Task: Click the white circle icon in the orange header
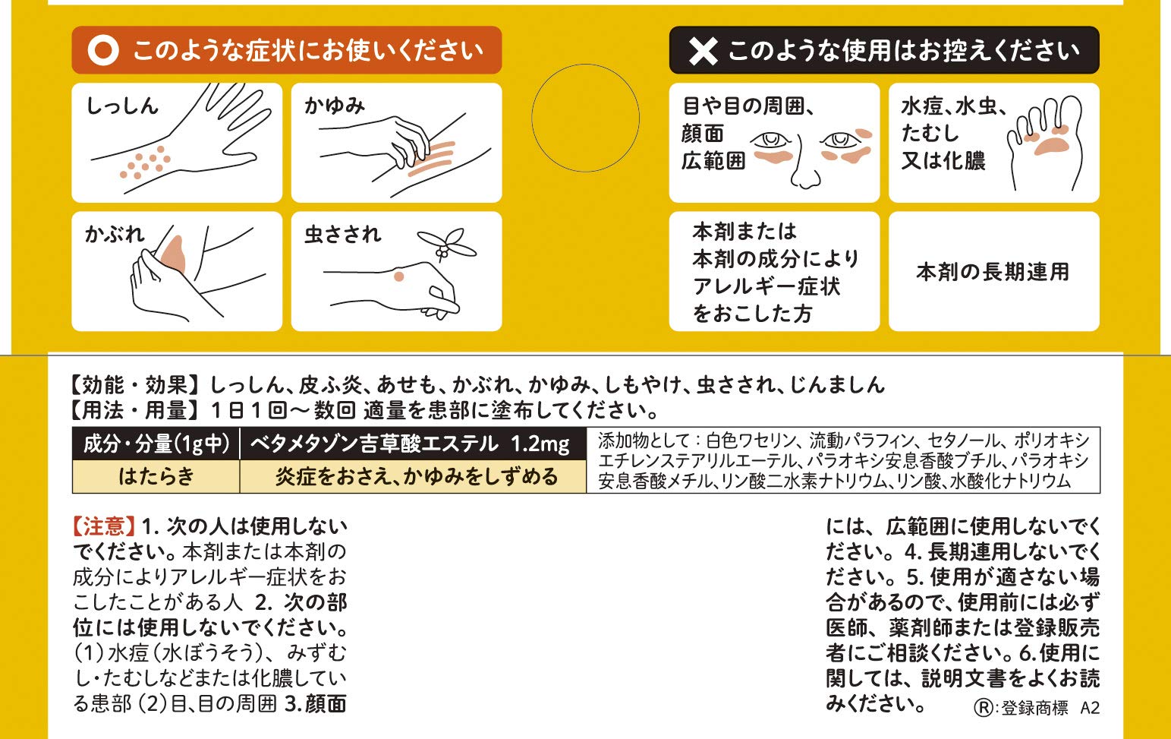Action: pos(103,51)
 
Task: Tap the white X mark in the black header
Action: pos(703,51)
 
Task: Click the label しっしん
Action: pos(121,106)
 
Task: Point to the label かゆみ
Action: pos(335,106)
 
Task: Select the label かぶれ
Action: pos(115,234)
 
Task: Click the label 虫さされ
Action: pos(342,234)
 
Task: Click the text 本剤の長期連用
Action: pos(993,272)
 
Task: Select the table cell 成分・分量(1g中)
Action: pos(156,444)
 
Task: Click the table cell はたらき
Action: pos(156,476)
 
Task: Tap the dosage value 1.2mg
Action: pos(540,444)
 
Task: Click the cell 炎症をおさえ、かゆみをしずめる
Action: pos(416,476)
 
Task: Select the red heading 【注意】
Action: pos(104,526)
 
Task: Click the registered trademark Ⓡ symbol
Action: pos(984,708)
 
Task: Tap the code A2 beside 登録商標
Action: pos(1089,708)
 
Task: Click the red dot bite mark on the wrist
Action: pos(398,277)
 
